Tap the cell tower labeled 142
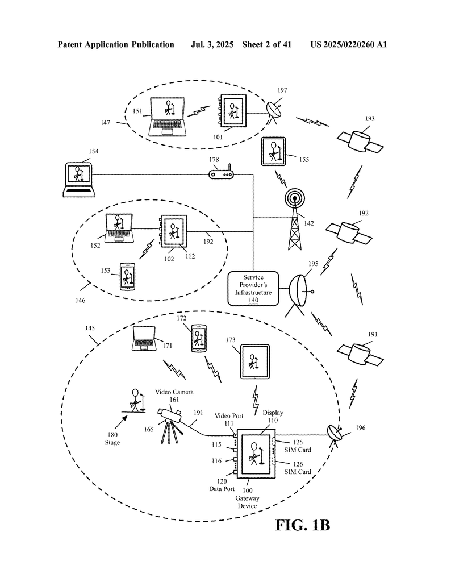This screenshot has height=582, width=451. (294, 222)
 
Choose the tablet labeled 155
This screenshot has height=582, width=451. (275, 152)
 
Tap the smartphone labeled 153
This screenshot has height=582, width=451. (128, 277)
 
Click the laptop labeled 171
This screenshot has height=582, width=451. (144, 340)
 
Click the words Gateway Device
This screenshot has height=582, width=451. (247, 502)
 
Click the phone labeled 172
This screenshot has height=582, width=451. (199, 339)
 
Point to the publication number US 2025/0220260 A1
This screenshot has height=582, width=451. (349, 44)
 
